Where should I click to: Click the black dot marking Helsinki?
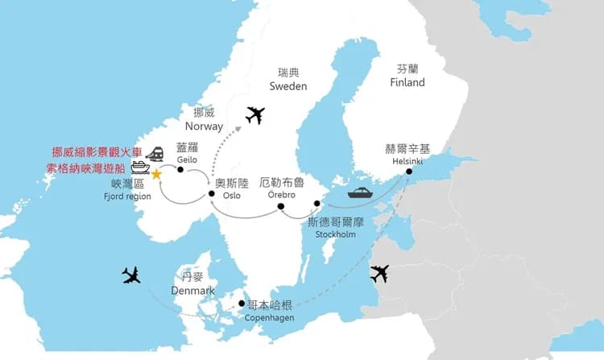point(409,171)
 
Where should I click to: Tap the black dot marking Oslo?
point(212,193)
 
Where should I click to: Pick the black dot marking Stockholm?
point(317,203)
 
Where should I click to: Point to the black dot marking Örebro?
point(281,206)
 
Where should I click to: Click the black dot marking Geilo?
point(180,169)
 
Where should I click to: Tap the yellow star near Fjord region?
point(156,173)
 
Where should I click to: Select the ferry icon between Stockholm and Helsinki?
point(359,193)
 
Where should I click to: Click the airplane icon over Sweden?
point(255,115)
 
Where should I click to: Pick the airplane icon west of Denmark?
point(131,276)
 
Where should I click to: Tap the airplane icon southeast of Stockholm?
point(379,274)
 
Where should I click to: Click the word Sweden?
point(288,86)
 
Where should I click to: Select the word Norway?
point(204,126)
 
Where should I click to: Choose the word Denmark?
point(193,290)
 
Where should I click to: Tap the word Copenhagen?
point(269,318)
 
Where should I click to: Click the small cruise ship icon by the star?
point(140,168)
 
